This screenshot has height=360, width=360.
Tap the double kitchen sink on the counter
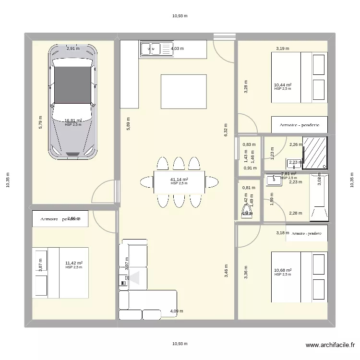150,48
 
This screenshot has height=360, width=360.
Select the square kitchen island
183,91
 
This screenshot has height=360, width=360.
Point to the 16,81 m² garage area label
73,121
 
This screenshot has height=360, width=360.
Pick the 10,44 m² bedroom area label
283,85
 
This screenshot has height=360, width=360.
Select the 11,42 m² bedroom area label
74,263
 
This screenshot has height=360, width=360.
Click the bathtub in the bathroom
319,197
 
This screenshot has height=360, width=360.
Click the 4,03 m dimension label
177,48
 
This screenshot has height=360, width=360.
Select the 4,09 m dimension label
176,311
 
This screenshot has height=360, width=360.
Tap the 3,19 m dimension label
282,48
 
